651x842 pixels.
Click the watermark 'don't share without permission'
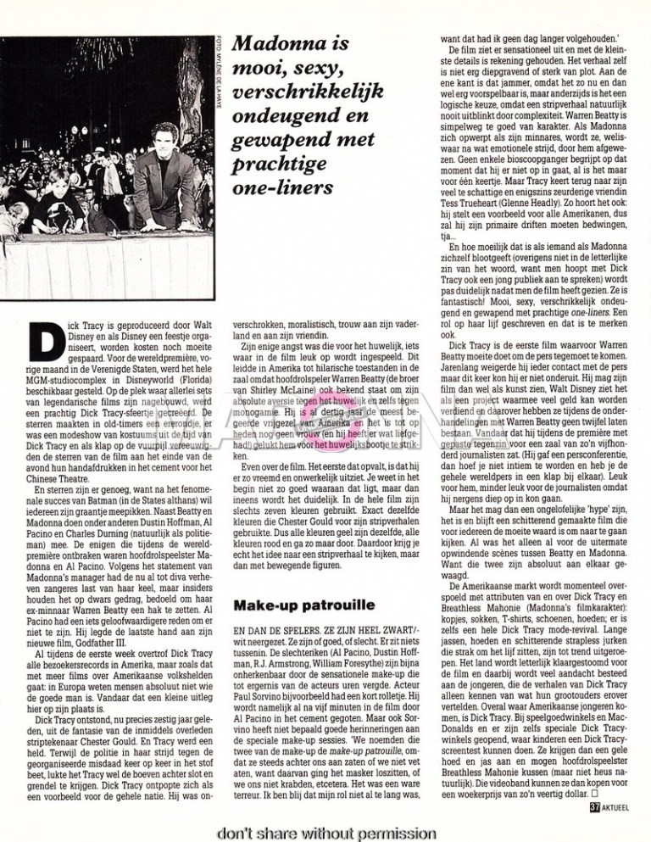point(325,831)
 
